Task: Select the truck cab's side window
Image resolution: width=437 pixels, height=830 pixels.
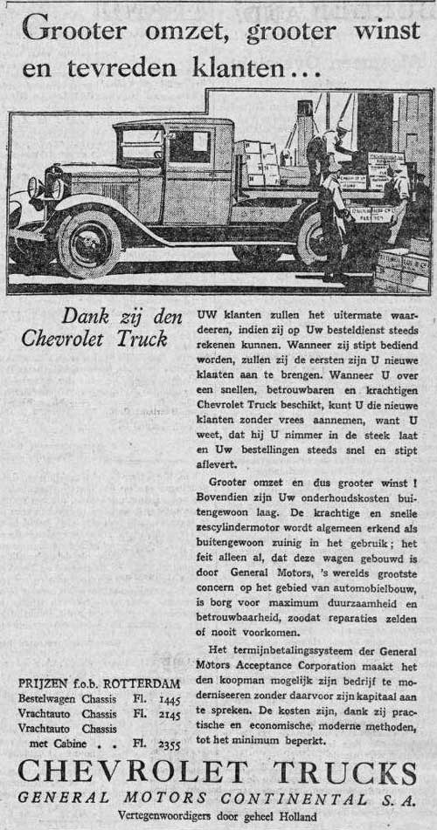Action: pyautogui.click(x=190, y=147)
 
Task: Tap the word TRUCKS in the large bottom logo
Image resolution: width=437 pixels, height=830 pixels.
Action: pyautogui.click(x=337, y=773)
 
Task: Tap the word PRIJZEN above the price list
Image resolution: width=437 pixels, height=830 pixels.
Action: pyautogui.click(x=44, y=683)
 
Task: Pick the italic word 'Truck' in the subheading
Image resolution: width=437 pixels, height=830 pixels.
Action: pyautogui.click(x=142, y=339)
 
